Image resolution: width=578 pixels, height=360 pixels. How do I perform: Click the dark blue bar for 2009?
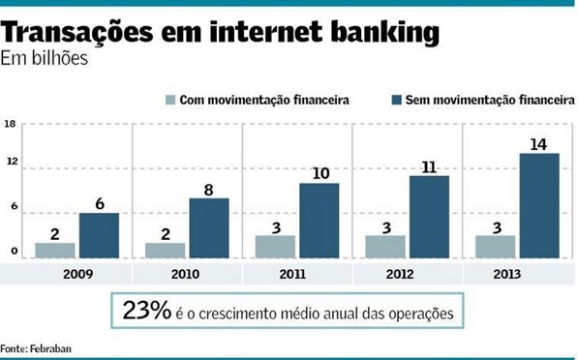click(x=99, y=235)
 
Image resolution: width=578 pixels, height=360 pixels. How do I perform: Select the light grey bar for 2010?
click(x=165, y=250)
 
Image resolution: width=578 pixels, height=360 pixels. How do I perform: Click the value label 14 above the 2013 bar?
click(x=538, y=144)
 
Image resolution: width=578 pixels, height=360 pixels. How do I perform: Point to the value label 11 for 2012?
click(x=428, y=166)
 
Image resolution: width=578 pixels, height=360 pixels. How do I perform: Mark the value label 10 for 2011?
click(x=319, y=173)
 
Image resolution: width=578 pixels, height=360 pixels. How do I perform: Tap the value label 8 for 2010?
click(x=209, y=190)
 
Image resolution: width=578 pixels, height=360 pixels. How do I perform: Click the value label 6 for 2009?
click(x=99, y=203)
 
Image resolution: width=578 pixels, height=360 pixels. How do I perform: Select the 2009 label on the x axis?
click(x=76, y=274)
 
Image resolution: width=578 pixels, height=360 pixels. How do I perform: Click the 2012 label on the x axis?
click(x=407, y=274)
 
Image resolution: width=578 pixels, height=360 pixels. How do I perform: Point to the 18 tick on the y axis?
click(x=11, y=124)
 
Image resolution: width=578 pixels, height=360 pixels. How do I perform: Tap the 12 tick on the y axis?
click(x=11, y=167)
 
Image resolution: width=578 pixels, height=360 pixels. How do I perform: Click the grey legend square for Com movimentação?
click(x=171, y=100)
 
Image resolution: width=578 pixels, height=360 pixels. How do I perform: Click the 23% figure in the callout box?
click(x=146, y=312)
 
